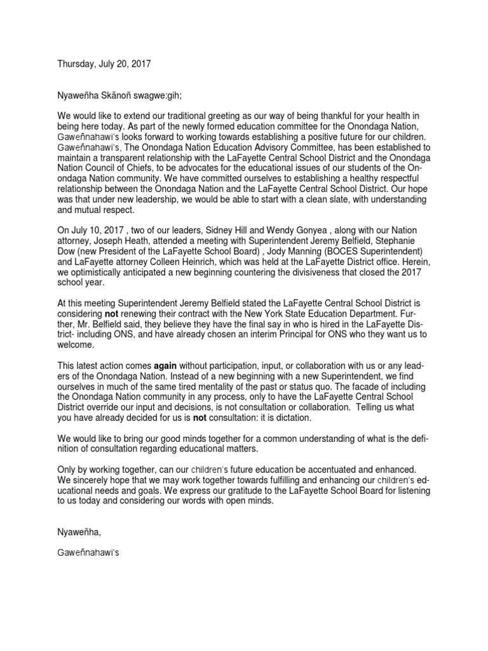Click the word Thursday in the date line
tap(77, 64)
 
